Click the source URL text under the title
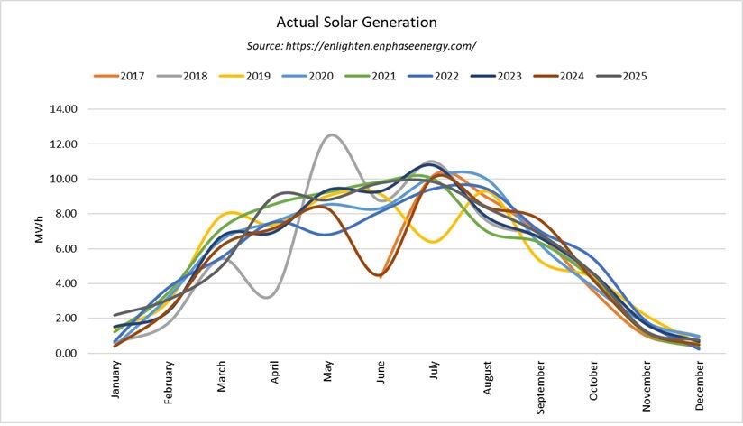tap(361, 45)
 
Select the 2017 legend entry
tap(123, 76)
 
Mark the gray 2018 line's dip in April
tap(270, 297)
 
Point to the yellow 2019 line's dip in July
tap(434, 242)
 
